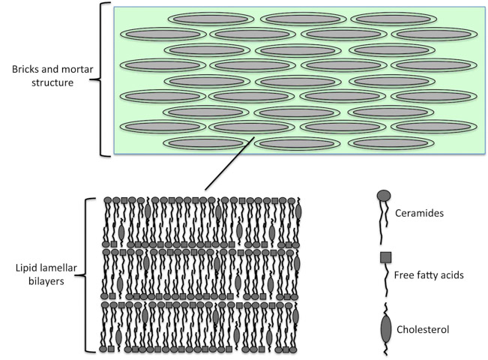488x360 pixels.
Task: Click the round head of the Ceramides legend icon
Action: (x=383, y=196)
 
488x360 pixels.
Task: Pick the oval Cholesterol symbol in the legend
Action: (x=385, y=327)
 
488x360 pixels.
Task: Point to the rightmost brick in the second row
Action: (x=433, y=34)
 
